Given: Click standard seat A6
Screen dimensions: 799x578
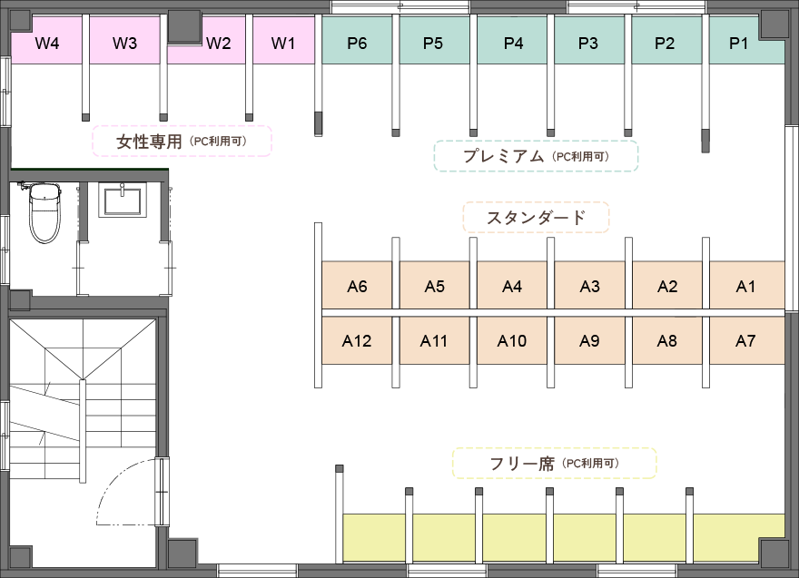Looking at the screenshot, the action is pos(357,285).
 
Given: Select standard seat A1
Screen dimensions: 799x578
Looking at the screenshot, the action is pos(746,285).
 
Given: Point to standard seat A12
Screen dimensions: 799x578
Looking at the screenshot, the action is pos(357,340).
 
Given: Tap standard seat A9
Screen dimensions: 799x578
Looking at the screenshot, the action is pos(589,340).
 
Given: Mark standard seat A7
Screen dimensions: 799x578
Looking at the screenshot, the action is pos(746,340).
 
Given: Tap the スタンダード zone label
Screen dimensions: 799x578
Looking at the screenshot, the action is pos(536,218).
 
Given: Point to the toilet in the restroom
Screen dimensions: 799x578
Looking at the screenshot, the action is pos(44,213).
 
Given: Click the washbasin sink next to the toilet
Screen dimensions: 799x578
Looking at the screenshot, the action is pos(123,201).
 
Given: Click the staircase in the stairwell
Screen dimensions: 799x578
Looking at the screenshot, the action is pos(83,397).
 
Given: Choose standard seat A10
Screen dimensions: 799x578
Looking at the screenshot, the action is pos(511,340).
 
